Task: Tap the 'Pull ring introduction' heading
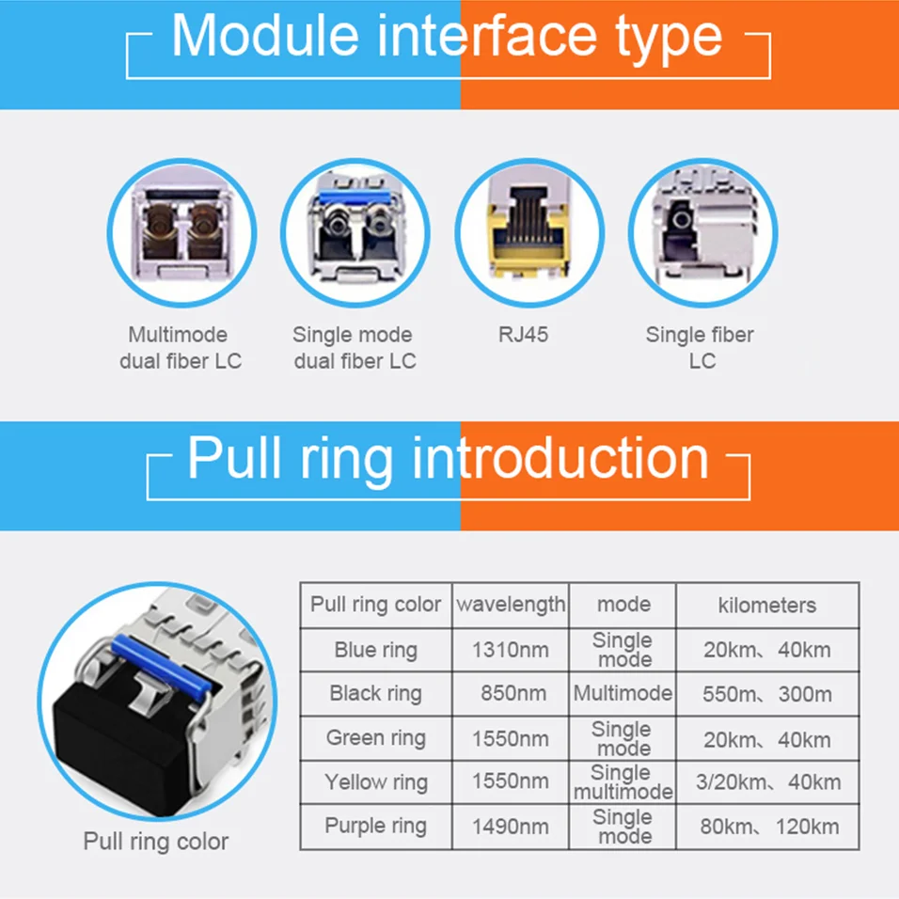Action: click(448, 459)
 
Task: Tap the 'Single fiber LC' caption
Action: click(701, 348)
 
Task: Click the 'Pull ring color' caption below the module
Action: click(156, 841)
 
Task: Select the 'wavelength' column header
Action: click(512, 605)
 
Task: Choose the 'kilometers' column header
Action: click(766, 606)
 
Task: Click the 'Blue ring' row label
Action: click(376, 650)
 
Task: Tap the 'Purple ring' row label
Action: click(376, 826)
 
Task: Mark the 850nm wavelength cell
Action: click(512, 694)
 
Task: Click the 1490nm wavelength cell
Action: click(512, 827)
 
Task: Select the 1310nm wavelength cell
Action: click(512, 650)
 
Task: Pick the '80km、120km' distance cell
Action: click(768, 827)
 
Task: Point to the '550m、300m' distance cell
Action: click(766, 694)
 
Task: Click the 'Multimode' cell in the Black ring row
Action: click(623, 694)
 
